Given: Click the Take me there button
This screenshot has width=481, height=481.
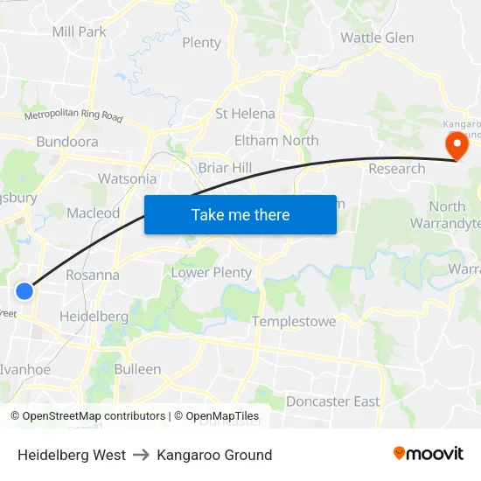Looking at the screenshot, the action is click(240, 214).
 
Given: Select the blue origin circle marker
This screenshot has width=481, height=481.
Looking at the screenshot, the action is click(24, 291).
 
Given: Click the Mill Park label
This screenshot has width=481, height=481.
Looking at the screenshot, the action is click(80, 31).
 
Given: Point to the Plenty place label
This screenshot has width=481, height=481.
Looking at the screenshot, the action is click(201, 43).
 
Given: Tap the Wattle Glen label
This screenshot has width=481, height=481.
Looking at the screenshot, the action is click(377, 38).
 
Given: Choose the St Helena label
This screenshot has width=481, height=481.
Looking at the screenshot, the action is click(245, 114).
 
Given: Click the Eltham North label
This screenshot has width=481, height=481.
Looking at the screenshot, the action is click(276, 140).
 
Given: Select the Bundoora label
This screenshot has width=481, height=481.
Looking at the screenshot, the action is click(67, 142).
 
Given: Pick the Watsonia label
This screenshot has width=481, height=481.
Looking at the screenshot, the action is click(128, 179).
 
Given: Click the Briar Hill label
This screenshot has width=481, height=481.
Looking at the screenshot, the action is click(225, 168).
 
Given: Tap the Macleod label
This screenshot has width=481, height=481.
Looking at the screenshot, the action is click(93, 213).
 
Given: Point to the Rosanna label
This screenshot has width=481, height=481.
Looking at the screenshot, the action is click(92, 275).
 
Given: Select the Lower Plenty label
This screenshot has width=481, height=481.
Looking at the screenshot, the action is click(211, 272).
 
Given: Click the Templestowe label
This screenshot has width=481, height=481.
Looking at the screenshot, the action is click(294, 322).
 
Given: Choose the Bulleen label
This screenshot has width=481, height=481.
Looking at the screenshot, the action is click(137, 369).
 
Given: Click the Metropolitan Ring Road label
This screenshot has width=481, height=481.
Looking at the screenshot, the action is click(73, 115).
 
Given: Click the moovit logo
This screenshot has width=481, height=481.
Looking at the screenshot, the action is click(428, 453).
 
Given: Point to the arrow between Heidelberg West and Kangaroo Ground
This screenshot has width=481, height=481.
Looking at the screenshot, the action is click(142, 455).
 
